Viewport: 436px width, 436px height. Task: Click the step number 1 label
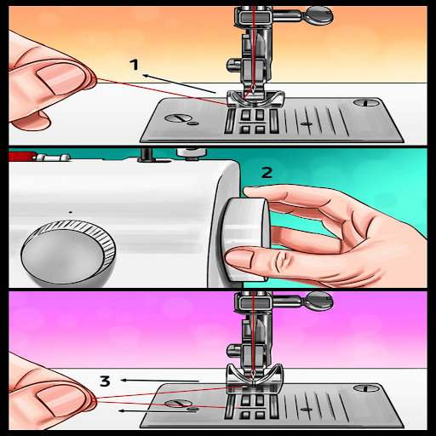[135, 65]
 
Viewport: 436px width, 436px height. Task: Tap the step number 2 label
[267, 172]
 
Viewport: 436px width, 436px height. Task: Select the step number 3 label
[105, 381]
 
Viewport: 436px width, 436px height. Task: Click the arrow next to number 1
[180, 84]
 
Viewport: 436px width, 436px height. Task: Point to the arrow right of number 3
[160, 381]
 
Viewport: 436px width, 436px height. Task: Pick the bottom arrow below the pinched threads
[158, 410]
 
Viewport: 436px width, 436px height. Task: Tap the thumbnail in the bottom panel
[60, 399]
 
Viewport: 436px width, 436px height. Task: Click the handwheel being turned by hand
[244, 239]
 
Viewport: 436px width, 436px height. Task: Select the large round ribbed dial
[68, 253]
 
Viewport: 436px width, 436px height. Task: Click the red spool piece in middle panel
[22, 156]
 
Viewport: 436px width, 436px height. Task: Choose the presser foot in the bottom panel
[255, 377]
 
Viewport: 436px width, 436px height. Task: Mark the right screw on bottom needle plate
[366, 388]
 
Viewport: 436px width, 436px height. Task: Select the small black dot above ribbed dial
[71, 212]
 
